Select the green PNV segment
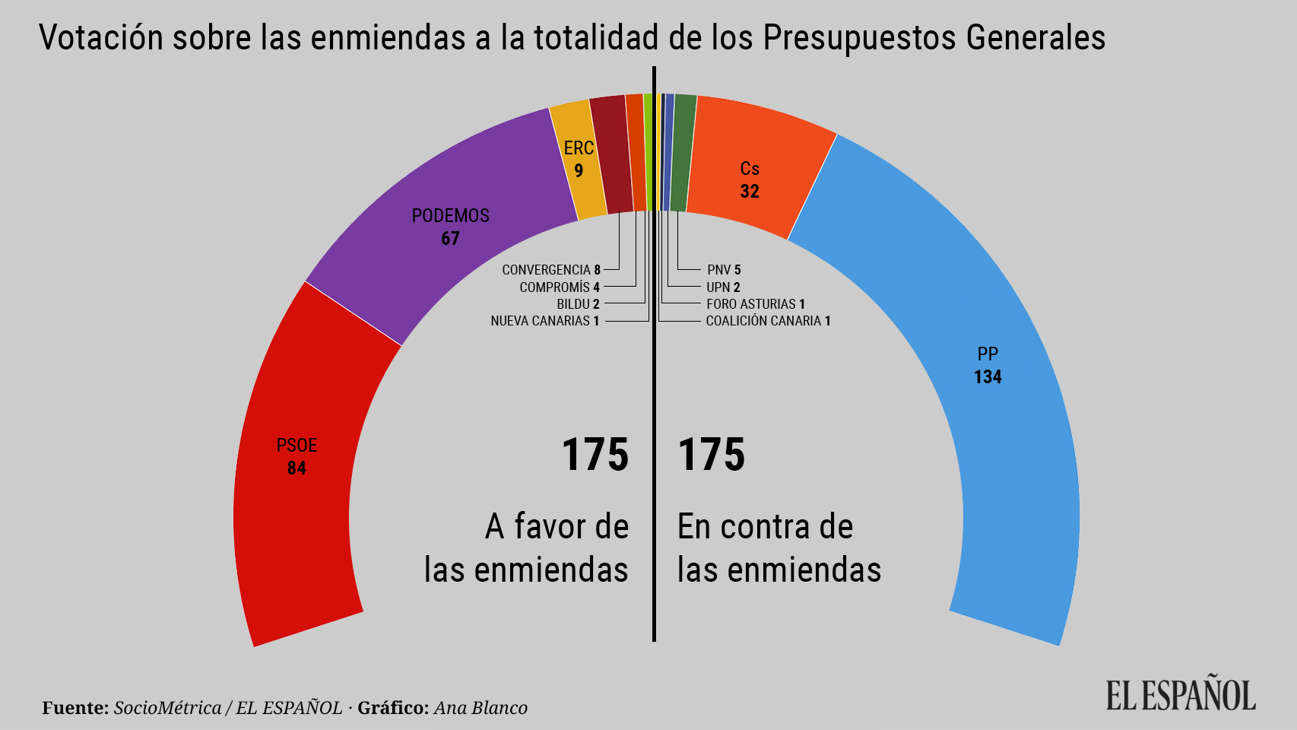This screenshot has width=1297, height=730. [x=682, y=152]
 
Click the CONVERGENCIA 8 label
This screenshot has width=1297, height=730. [x=551, y=270]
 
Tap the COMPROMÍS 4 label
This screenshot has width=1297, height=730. [x=560, y=287]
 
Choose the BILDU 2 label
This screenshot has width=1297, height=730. [x=578, y=304]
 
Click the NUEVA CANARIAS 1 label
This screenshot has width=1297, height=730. [x=545, y=321]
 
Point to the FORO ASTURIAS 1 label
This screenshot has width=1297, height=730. [x=755, y=304]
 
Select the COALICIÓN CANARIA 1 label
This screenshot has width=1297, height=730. [x=768, y=321]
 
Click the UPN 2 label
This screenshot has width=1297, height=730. [x=723, y=287]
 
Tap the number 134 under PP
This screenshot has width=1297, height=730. [x=988, y=377]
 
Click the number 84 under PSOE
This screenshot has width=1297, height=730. [x=297, y=468]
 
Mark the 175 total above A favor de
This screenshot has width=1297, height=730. [x=595, y=455]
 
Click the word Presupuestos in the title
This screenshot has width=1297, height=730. [x=859, y=38]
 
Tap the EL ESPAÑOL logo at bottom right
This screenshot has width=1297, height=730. [x=1180, y=694]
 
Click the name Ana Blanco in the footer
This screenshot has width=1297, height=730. [x=480, y=708]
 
